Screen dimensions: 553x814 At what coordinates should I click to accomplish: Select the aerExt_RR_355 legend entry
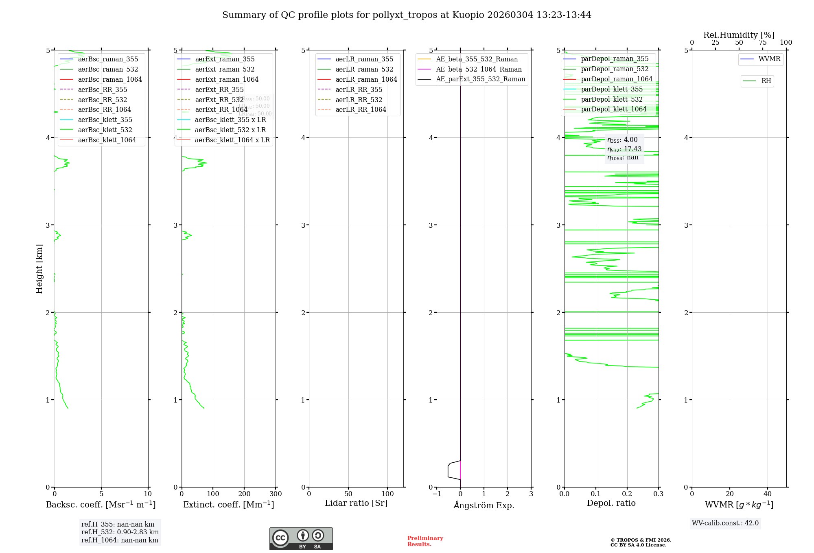pyautogui.click(x=219, y=89)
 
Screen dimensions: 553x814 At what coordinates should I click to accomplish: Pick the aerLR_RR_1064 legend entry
pyautogui.click(x=361, y=109)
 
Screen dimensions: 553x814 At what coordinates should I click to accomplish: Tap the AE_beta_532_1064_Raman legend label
pyautogui.click(x=479, y=69)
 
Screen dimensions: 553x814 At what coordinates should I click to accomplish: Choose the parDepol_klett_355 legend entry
pyautogui.click(x=612, y=89)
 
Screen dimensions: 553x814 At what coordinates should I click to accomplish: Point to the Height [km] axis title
pyautogui.click(x=39, y=268)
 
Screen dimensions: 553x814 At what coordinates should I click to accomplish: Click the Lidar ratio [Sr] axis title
pyautogui.click(x=356, y=503)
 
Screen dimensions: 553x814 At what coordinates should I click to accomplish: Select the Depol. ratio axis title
pyautogui.click(x=611, y=503)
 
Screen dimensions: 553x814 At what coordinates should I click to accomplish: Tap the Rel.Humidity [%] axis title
pyautogui.click(x=739, y=35)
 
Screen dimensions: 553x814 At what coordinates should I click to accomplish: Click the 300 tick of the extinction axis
pyautogui.click(x=276, y=494)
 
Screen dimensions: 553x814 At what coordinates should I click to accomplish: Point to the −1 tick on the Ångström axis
pyautogui.click(x=437, y=494)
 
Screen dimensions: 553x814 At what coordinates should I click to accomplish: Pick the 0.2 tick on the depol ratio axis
pyautogui.click(x=627, y=494)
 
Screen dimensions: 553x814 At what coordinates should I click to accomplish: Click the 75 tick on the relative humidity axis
pyautogui.click(x=762, y=42)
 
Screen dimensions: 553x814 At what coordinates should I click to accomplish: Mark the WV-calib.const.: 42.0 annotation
pyautogui.click(x=725, y=523)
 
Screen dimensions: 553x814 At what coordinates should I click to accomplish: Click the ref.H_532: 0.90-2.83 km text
pyautogui.click(x=120, y=532)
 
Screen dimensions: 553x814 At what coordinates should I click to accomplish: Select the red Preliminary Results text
pyautogui.click(x=425, y=541)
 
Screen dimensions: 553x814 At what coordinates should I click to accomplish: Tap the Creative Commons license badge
pyautogui.click(x=301, y=538)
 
